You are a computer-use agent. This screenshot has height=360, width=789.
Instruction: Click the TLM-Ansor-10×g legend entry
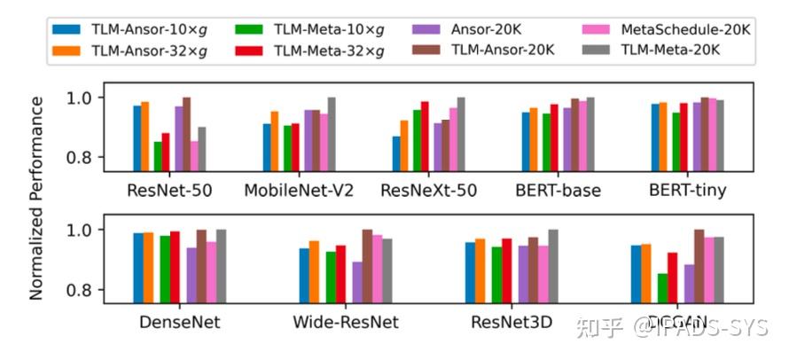138,28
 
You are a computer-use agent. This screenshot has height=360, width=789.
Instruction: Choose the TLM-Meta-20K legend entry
663,51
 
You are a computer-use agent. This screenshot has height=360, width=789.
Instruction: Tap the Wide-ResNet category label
346,322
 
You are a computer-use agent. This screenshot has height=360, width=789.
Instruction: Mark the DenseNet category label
180,322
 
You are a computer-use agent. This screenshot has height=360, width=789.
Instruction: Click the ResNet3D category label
512,322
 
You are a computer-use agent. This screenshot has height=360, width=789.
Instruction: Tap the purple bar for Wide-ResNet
356,282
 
